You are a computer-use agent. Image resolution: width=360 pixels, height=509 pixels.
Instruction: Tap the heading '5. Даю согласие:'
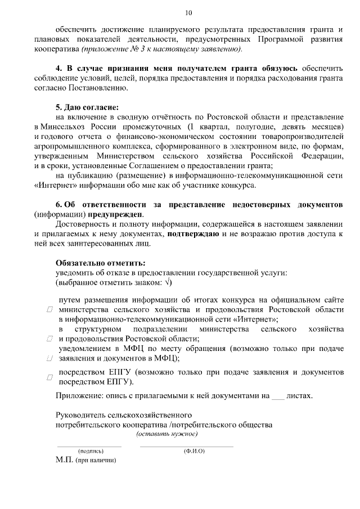click(87, 107)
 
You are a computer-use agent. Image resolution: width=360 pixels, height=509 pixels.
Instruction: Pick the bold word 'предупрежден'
click(116, 214)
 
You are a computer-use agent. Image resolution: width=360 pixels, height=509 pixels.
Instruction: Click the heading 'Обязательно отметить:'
click(100, 263)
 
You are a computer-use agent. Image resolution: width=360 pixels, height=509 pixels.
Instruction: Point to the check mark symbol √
click(168, 282)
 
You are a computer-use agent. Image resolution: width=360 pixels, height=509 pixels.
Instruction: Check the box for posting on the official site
click(49, 310)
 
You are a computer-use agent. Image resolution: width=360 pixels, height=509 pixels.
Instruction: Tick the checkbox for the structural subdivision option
click(49, 339)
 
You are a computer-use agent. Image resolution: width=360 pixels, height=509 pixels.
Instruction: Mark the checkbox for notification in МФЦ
click(49, 358)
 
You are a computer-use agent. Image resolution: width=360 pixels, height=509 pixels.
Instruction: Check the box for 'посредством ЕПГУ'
click(49, 377)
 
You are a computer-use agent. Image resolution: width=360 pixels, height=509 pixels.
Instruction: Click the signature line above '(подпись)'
click(90, 447)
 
